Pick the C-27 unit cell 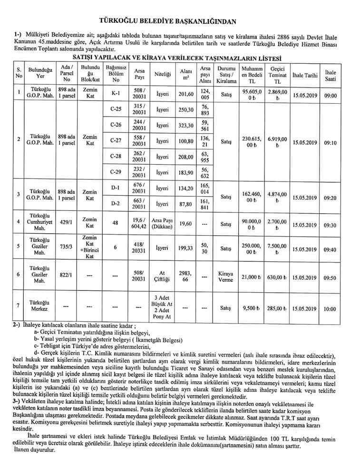115,141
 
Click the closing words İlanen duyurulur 35,450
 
